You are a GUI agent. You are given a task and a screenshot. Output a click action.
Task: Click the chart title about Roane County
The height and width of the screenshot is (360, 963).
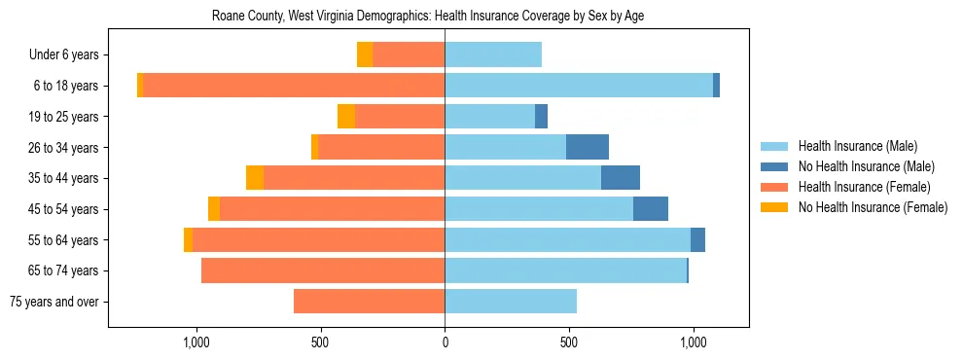pyautogui.click(x=428, y=17)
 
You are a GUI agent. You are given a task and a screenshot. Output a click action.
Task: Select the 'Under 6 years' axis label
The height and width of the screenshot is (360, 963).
pyautogui.click(x=70, y=54)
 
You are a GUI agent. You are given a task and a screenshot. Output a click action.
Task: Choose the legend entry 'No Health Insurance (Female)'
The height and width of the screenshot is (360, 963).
pyautogui.click(x=873, y=207)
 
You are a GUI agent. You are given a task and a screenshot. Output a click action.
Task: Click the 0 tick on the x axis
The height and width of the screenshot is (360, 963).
pyautogui.click(x=445, y=342)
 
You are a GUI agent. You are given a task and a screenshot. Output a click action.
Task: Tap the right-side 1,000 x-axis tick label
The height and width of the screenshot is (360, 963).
pyautogui.click(x=693, y=342)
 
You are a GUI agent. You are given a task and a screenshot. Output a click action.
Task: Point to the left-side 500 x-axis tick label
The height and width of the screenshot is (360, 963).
pyautogui.click(x=321, y=342)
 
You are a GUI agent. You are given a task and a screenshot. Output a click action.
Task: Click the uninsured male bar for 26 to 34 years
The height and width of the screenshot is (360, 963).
pyautogui.click(x=588, y=147)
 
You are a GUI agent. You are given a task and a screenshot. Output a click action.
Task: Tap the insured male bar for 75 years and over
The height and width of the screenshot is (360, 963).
pyautogui.click(x=511, y=302)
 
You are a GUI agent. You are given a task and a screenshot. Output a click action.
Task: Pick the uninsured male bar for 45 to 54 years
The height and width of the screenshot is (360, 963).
pyautogui.click(x=651, y=209)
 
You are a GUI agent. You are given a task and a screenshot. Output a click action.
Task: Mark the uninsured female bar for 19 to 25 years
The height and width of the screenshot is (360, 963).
pyautogui.click(x=346, y=117)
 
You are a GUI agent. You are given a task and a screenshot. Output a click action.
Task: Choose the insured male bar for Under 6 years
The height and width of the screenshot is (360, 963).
pyautogui.click(x=493, y=54)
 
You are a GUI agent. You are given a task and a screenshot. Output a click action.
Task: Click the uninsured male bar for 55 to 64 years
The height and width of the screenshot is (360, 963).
pyautogui.click(x=697, y=240)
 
